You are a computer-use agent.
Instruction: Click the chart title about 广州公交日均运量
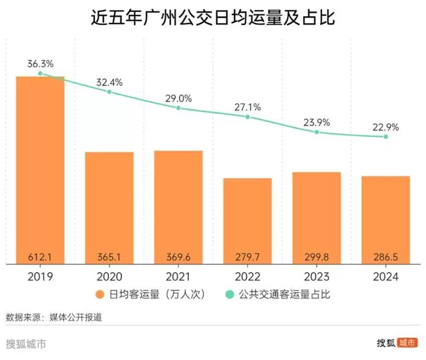click(212, 19)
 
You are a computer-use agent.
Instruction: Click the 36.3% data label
click(40, 63)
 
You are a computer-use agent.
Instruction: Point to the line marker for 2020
click(109, 92)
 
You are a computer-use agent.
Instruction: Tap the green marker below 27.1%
click(248, 117)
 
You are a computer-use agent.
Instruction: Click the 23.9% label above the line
click(317, 121)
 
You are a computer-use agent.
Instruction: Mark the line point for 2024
click(386, 137)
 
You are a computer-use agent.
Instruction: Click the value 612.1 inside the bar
click(40, 257)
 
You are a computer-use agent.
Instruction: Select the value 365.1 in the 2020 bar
click(109, 257)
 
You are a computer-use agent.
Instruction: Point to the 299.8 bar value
click(317, 257)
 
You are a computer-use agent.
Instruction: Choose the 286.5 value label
click(385, 257)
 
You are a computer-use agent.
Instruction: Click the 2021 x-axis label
click(178, 276)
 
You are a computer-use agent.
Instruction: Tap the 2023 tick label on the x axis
click(317, 276)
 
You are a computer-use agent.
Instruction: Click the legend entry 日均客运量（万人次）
click(143, 294)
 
